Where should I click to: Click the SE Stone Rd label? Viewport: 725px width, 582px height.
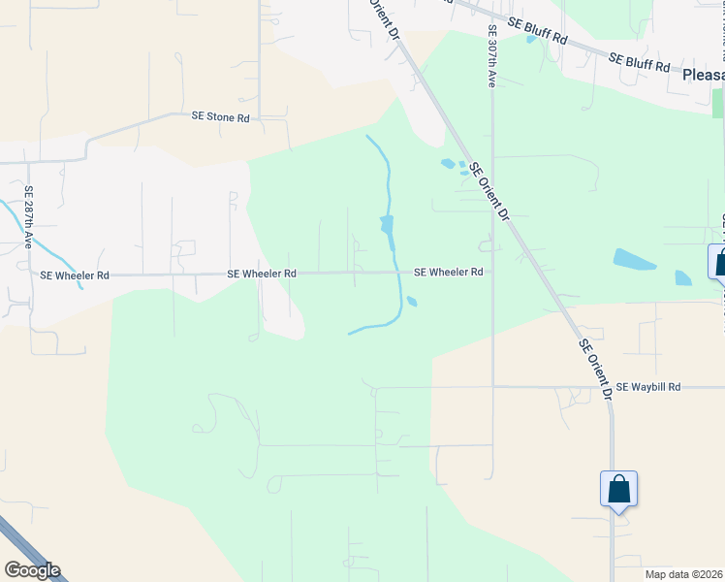221,117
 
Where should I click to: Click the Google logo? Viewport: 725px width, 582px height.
32,570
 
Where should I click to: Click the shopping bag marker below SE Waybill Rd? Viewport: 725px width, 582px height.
618,490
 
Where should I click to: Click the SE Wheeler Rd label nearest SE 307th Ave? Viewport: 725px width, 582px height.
448,273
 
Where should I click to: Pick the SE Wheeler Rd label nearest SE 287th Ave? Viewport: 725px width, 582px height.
75,275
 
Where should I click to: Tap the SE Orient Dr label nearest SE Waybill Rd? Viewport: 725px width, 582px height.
595,369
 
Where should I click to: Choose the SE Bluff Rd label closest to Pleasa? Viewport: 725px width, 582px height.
640,61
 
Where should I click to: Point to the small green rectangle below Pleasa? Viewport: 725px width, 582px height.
717,102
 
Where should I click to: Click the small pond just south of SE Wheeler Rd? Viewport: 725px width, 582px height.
412,302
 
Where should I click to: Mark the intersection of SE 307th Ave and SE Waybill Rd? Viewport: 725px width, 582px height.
492,386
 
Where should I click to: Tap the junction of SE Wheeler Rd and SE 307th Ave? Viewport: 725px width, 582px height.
492,273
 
